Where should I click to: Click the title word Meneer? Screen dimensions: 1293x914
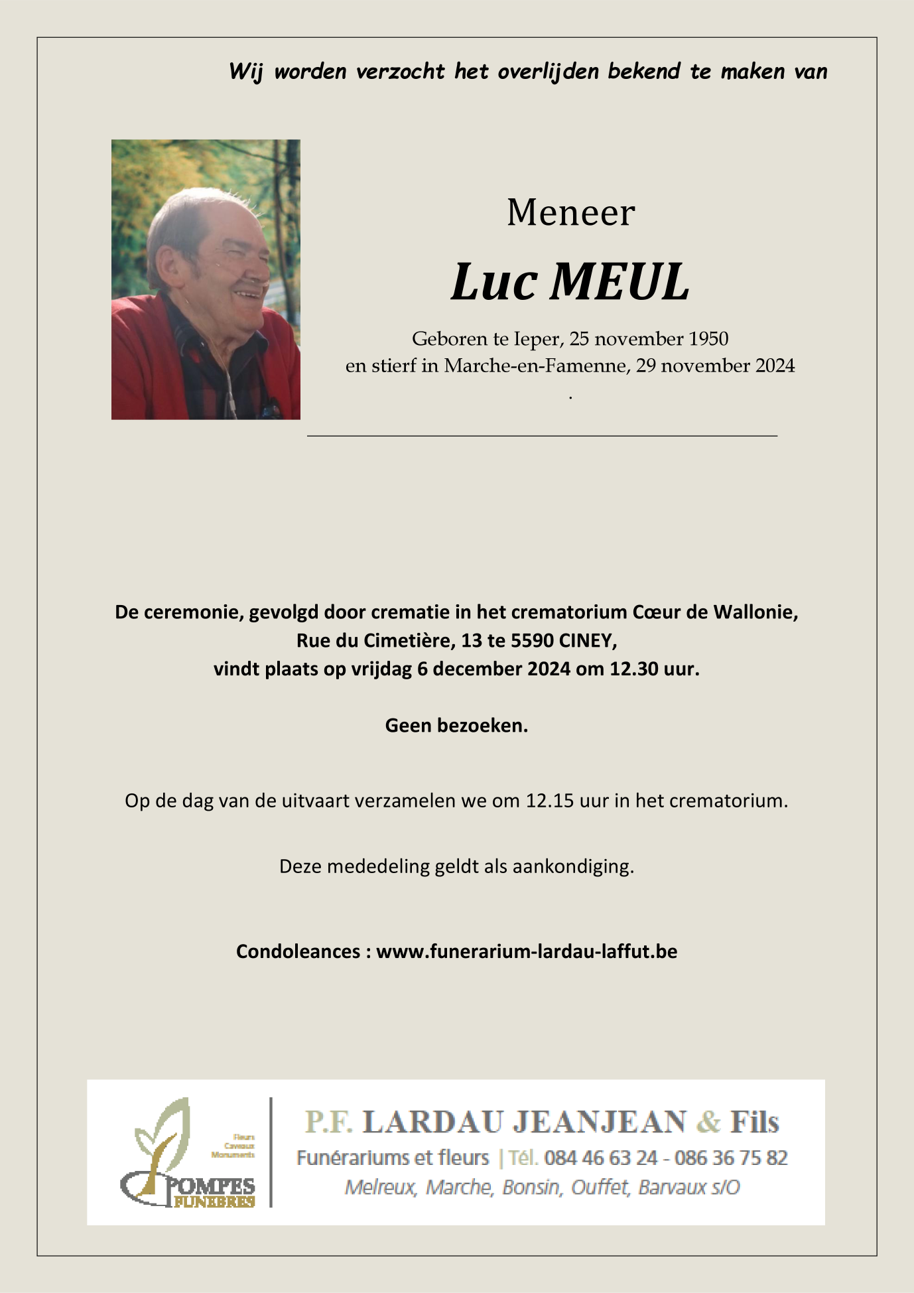tap(570, 213)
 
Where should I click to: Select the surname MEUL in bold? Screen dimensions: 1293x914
tap(620, 283)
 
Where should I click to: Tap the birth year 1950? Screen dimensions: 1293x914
tap(708, 339)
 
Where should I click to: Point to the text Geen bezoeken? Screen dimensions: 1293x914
tap(456, 726)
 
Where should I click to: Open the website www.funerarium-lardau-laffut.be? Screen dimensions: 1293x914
tap(527, 951)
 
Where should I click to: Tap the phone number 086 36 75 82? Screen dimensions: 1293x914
tap(731, 1158)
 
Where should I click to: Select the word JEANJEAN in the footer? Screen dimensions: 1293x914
tap(600, 1122)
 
